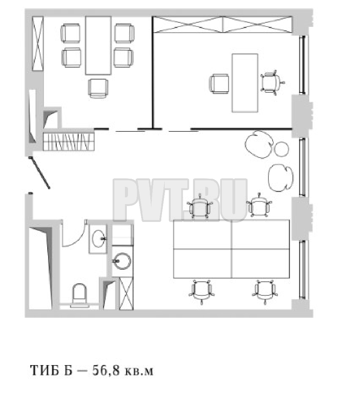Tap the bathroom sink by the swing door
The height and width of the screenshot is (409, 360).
tap(98, 239)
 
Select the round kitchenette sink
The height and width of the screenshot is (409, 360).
tap(122, 261)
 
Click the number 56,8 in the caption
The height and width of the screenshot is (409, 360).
tap(106, 370)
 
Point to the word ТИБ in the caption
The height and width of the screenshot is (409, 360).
tap(45, 370)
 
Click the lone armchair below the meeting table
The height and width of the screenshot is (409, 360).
tap(98, 88)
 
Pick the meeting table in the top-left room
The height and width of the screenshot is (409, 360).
tap(98, 45)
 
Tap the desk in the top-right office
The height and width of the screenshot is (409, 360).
tap(245, 83)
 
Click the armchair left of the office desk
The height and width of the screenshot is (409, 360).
tap(219, 83)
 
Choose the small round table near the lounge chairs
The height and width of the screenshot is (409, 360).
tap(282, 149)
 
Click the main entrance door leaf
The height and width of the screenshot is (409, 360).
tap(39, 172)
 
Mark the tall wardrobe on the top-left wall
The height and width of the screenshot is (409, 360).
tap(37, 44)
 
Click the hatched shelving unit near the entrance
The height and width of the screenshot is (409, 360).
tap(68, 141)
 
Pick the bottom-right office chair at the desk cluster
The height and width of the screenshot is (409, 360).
tap(265, 291)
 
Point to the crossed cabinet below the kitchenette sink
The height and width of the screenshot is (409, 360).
tap(126, 293)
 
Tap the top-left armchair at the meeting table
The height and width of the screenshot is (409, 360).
tap(70, 33)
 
